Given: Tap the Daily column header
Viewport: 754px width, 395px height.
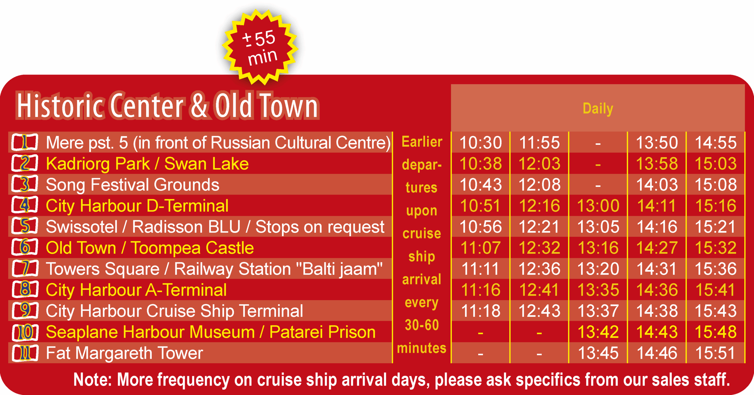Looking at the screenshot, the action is pos(598,108).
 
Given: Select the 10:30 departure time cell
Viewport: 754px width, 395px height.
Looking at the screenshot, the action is pos(481,143).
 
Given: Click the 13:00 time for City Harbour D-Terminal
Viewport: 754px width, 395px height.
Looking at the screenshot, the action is pos(598,206).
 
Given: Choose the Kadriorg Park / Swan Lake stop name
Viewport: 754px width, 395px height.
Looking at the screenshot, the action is pos(147,164).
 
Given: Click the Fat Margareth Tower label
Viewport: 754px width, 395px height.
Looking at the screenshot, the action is pos(125,353).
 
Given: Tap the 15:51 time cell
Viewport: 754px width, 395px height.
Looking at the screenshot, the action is pos(716,353).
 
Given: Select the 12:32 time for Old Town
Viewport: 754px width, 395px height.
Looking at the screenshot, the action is pos(539,248).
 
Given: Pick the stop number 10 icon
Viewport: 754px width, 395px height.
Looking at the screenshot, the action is pos(25,332).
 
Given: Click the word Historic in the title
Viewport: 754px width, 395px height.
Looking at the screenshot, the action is pos(60,106).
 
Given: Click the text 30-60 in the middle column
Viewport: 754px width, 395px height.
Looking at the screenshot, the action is pos(422,325).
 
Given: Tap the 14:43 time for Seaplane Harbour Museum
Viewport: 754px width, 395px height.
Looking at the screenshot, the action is pos(657,332).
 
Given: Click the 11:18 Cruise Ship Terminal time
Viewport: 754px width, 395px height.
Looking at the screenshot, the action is pos(481,311).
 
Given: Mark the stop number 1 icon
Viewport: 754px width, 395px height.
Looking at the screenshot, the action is pos(25,142).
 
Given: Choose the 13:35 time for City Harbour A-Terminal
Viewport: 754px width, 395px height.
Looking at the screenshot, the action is pos(598,290).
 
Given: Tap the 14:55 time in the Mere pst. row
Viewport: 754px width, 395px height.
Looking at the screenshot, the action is pos(716,143).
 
